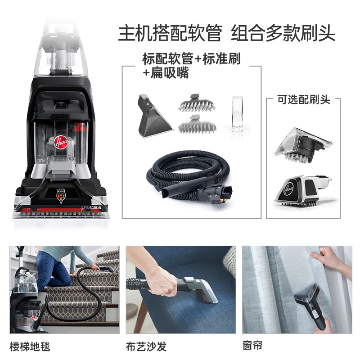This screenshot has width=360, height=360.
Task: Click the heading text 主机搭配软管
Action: pyautogui.click(x=170, y=34)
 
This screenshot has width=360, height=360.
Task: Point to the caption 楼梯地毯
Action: pyautogui.click(x=30, y=346)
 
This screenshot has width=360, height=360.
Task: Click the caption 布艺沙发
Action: pyautogui.click(x=146, y=346)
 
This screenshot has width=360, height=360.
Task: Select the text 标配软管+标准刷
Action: pyautogui.click(x=191, y=59)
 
